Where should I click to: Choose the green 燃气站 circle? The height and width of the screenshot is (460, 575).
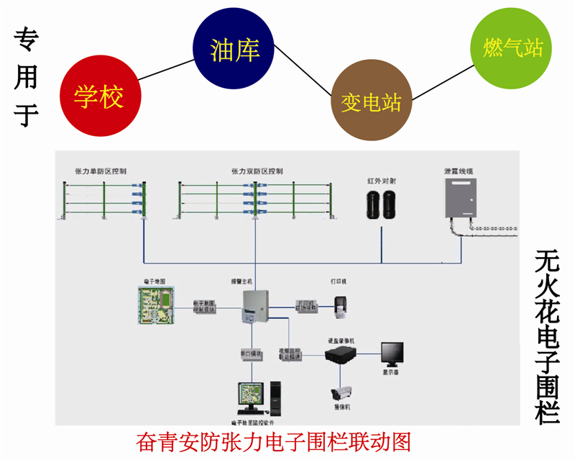click(x=512, y=49)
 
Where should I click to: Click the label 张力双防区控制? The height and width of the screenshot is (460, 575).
click(x=257, y=171)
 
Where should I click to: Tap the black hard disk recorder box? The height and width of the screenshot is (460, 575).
click(x=343, y=353)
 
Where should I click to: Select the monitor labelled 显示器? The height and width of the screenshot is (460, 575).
click(x=392, y=353)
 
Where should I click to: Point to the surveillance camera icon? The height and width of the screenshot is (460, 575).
click(x=341, y=393)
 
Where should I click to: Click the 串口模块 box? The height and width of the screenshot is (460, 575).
click(x=252, y=355)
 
